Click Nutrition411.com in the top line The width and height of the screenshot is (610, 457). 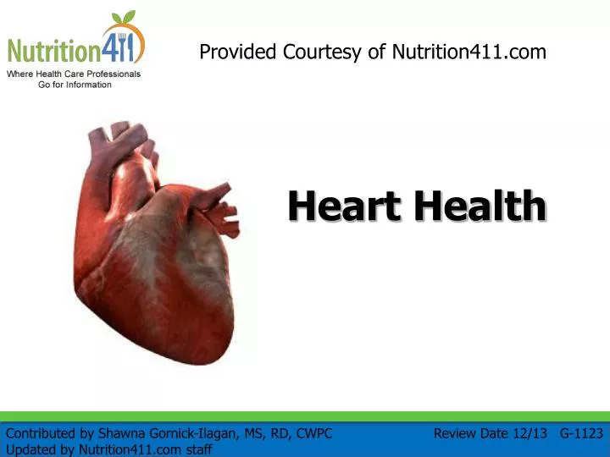pos(469,52)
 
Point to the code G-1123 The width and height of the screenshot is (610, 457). pos(581,434)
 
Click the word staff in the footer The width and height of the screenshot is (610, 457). pos(198,450)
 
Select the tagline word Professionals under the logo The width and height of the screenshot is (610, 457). pos(110,74)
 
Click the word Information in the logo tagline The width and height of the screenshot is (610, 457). pos(86,85)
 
